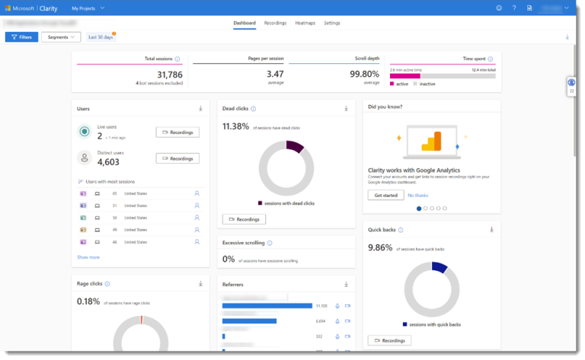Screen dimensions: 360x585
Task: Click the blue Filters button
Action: tap(21, 37)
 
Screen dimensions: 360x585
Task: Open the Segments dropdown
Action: tap(61, 37)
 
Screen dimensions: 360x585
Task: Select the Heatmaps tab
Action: tap(305, 23)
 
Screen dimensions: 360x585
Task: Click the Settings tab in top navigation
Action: tap(332, 23)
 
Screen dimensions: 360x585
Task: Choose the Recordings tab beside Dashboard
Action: tap(275, 23)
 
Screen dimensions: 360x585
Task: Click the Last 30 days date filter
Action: tap(101, 37)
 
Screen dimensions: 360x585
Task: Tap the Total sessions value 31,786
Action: tap(169, 74)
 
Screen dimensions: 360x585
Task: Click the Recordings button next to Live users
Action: tap(177, 132)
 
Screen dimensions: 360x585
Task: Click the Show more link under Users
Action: tap(88, 257)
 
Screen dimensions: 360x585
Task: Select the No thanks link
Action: tap(417, 195)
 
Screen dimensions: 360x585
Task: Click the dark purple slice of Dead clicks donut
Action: tap(296, 146)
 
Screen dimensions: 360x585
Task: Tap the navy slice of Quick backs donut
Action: tap(440, 267)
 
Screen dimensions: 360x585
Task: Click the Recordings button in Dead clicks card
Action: tap(244, 219)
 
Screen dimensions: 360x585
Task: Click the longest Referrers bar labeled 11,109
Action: tap(267, 305)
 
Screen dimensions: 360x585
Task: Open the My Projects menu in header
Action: tap(88, 8)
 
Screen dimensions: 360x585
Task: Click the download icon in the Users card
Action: tap(200, 109)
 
